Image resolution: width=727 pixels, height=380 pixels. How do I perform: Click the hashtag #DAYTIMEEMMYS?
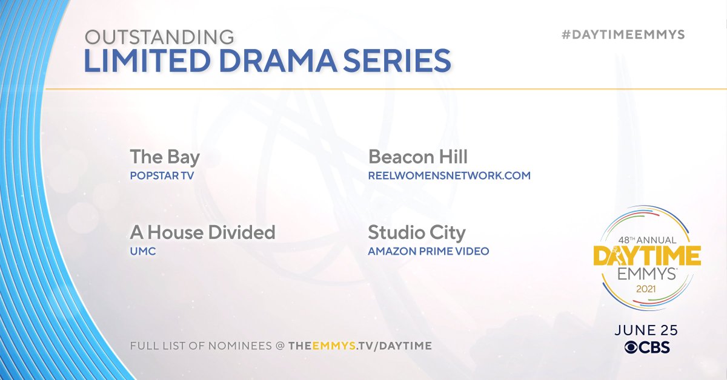[x=623, y=34]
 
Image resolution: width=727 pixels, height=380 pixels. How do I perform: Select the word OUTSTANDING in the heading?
[x=159, y=37]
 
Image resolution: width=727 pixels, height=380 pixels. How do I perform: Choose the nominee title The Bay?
[x=165, y=157]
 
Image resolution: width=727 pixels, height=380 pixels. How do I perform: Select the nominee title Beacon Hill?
[x=418, y=157]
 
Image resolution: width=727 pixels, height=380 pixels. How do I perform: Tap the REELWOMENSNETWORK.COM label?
[x=449, y=175]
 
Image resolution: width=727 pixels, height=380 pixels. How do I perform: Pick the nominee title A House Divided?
[x=202, y=232]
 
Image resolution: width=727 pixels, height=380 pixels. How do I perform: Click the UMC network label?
[x=143, y=251]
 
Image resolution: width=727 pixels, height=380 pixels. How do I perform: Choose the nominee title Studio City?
[x=417, y=232]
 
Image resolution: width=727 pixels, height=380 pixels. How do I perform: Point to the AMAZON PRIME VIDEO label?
[x=428, y=251]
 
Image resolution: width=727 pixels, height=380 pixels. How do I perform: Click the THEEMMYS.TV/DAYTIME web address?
[x=360, y=346]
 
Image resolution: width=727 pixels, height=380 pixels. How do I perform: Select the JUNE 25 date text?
[x=646, y=330]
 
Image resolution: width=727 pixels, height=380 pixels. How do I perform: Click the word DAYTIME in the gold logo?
[x=647, y=257]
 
